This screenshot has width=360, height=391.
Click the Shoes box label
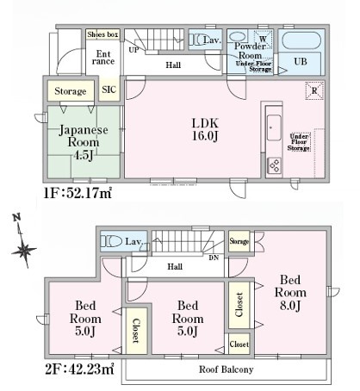tap(102, 34)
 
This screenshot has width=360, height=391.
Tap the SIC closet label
tap(110, 90)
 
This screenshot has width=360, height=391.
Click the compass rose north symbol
tap(24, 251)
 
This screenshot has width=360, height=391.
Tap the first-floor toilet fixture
tap(196, 40)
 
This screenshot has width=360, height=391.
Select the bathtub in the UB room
tap(301, 40)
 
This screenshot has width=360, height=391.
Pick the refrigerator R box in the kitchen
tap(313, 90)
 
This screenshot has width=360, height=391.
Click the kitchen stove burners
tap(275, 164)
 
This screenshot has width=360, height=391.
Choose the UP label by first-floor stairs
tap(133, 50)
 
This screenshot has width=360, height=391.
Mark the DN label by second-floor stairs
tap(214, 258)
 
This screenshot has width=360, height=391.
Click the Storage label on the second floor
tap(239, 242)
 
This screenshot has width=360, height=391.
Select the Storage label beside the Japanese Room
tap(70, 90)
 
